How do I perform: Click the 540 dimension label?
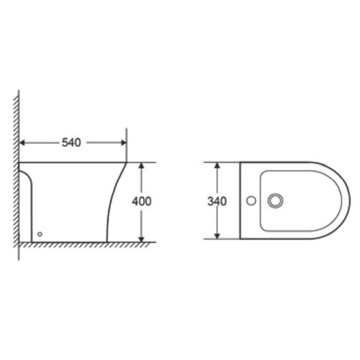point(71,142)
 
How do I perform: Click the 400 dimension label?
point(142,201)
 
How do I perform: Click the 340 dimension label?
point(217,201)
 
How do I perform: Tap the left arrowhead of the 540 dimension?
point(22,142)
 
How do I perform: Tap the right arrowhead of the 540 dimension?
point(124,142)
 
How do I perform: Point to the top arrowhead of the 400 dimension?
point(142,166)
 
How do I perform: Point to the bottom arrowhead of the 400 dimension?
point(142,239)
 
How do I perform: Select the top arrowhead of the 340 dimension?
point(217,165)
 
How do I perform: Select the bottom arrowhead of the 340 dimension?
point(217,236)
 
